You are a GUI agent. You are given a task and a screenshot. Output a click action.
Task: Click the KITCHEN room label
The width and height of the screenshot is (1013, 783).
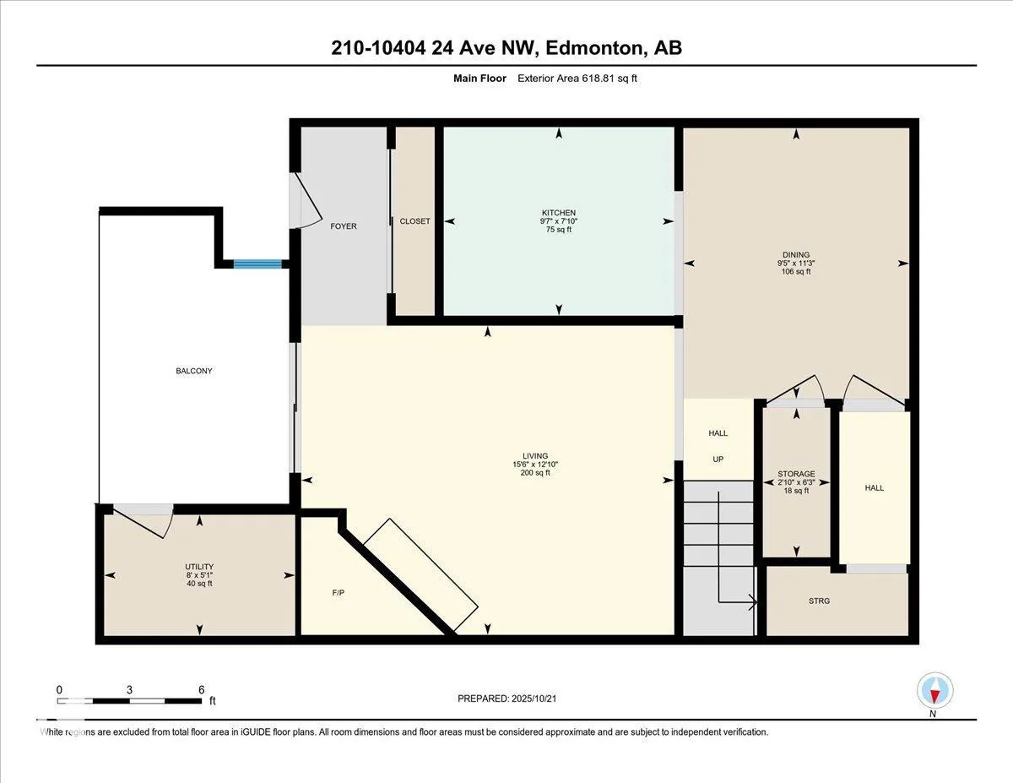(559, 213)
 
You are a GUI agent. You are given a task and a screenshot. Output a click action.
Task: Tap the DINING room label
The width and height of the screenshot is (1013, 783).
(796, 254)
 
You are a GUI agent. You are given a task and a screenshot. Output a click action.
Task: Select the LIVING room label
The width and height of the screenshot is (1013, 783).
(535, 455)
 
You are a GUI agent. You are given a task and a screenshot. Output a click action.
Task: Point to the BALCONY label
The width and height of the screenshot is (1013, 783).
(194, 371)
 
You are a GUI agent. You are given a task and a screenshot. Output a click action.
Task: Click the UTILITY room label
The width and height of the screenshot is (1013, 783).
(199, 567)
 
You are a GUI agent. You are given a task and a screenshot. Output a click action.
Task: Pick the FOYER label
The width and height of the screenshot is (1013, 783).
(344, 226)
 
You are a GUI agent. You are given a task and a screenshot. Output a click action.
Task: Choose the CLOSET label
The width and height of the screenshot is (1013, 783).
(414, 221)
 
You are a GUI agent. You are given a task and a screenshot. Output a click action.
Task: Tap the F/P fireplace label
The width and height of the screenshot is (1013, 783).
(339, 593)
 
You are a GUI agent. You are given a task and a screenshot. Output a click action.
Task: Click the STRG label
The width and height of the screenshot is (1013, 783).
(819, 601)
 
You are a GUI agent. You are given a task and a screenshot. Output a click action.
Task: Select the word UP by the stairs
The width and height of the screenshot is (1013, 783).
(718, 459)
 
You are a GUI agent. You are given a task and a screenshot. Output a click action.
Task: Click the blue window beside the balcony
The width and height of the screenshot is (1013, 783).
(257, 264)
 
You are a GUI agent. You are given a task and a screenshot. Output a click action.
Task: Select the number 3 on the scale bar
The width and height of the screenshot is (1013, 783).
(129, 690)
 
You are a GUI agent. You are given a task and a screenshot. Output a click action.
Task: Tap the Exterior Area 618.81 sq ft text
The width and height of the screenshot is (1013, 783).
(577, 79)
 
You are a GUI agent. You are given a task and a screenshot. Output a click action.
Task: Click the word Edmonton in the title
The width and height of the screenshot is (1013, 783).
(594, 48)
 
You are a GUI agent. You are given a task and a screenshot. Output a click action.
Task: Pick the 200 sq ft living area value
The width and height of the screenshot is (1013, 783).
(535, 472)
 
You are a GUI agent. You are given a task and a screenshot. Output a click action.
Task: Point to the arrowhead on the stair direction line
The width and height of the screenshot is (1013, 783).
(752, 602)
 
